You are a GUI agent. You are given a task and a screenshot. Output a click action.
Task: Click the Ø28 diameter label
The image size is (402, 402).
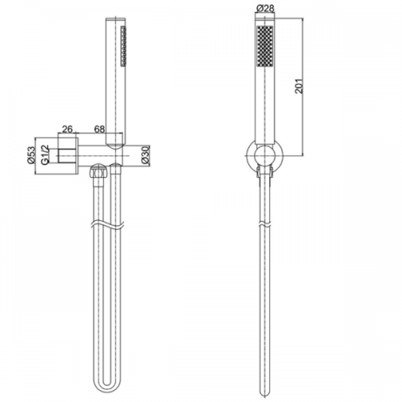tap(265, 8)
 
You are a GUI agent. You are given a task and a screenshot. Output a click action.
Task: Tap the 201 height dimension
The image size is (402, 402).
tap(298, 86)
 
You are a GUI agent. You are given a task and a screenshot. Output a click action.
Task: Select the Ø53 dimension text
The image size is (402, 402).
tap(31, 155)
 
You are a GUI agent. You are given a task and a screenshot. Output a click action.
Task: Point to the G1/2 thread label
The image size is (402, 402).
tap(45, 154)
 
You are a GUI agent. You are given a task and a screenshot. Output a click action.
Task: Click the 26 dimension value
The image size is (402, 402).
tap(68, 129)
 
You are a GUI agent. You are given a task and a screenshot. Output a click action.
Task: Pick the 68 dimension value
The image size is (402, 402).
tap(99, 129)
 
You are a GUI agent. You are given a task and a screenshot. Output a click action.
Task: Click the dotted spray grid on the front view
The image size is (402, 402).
tap(265, 46)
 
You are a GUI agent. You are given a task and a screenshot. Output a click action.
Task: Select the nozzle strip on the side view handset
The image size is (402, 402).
tap(124, 46)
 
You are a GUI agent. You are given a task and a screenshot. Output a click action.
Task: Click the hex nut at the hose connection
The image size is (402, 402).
tap(98, 171)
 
